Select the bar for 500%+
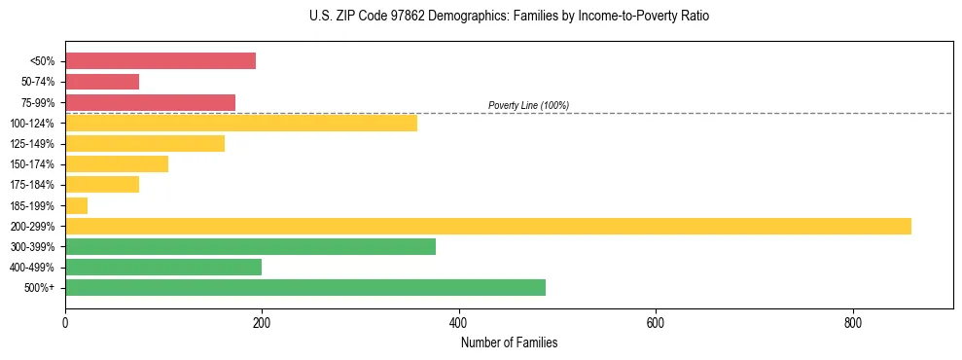pos(305,287)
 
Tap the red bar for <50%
pos(160,60)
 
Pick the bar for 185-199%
pos(77,205)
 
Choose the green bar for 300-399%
pos(250,246)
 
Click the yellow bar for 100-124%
pos(241,123)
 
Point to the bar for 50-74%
pos(102,82)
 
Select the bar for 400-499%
pos(163,267)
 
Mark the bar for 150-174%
pos(117,163)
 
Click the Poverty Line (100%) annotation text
pos(528,105)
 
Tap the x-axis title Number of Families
pos(509,343)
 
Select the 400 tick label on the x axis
pos(459,323)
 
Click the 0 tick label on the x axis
pos(65,323)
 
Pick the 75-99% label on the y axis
pos(38,102)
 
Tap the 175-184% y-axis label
pos(34,185)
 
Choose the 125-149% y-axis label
pos(34,143)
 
